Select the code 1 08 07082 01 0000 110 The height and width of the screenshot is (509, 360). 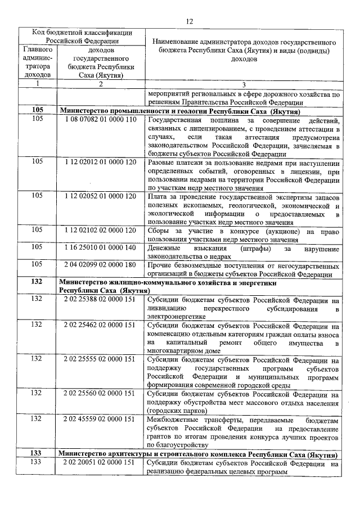pos(100,120)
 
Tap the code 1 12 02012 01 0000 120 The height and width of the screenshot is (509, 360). pos(100,161)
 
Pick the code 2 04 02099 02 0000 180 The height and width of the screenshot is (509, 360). pos(100,265)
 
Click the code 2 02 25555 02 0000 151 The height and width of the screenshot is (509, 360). pos(100,359)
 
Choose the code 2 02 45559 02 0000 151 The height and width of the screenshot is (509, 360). pos(100,420)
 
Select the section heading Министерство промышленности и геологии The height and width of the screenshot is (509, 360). pos(179,111)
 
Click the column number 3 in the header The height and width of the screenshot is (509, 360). pos(244,84)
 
